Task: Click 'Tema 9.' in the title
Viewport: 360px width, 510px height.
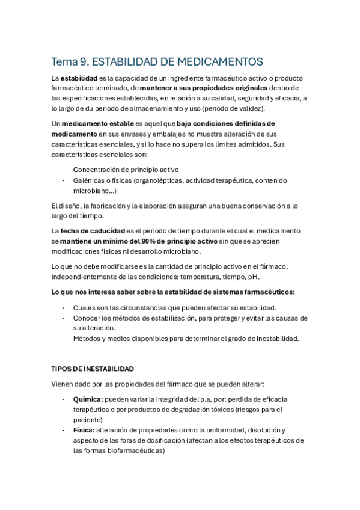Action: point(70,61)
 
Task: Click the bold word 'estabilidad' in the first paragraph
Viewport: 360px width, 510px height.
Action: point(83,79)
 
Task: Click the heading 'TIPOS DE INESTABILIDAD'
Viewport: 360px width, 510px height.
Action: point(93,369)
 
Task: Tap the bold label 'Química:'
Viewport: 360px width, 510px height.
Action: point(88,399)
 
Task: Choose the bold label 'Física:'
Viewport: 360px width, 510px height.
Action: point(84,430)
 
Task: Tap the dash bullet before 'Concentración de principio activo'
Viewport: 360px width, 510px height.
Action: point(63,170)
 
